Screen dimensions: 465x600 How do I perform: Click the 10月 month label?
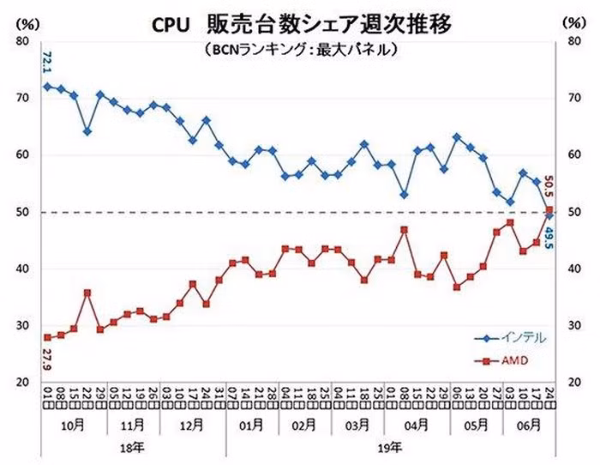pyautogui.click(x=75, y=425)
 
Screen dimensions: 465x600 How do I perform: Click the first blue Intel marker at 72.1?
pyautogui.click(x=48, y=87)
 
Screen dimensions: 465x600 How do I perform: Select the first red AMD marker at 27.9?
pyautogui.click(x=48, y=337)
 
